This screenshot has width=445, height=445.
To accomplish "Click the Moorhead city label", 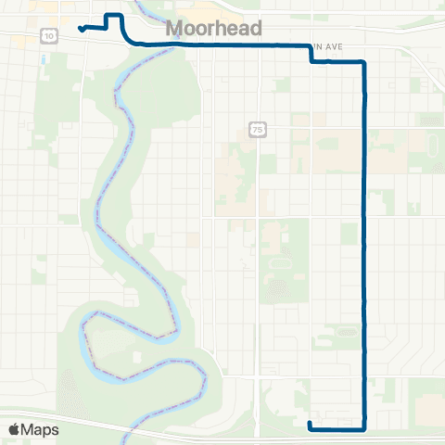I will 213,30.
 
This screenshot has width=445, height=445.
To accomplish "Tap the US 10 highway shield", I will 48,34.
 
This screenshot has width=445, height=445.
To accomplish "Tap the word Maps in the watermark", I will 40,429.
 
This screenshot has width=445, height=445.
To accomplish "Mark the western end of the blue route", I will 82,29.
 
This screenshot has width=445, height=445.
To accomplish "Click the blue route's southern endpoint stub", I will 310,426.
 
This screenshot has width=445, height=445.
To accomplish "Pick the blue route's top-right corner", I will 363,62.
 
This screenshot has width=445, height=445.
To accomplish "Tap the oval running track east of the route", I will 432,145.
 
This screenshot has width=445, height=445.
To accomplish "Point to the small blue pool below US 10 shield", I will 44,57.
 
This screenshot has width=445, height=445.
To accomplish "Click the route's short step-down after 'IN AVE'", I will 311,55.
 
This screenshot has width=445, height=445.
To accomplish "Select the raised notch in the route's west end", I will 113,17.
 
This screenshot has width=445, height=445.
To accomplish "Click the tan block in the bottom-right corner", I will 428,408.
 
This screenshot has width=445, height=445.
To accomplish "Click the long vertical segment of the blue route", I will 364,241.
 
